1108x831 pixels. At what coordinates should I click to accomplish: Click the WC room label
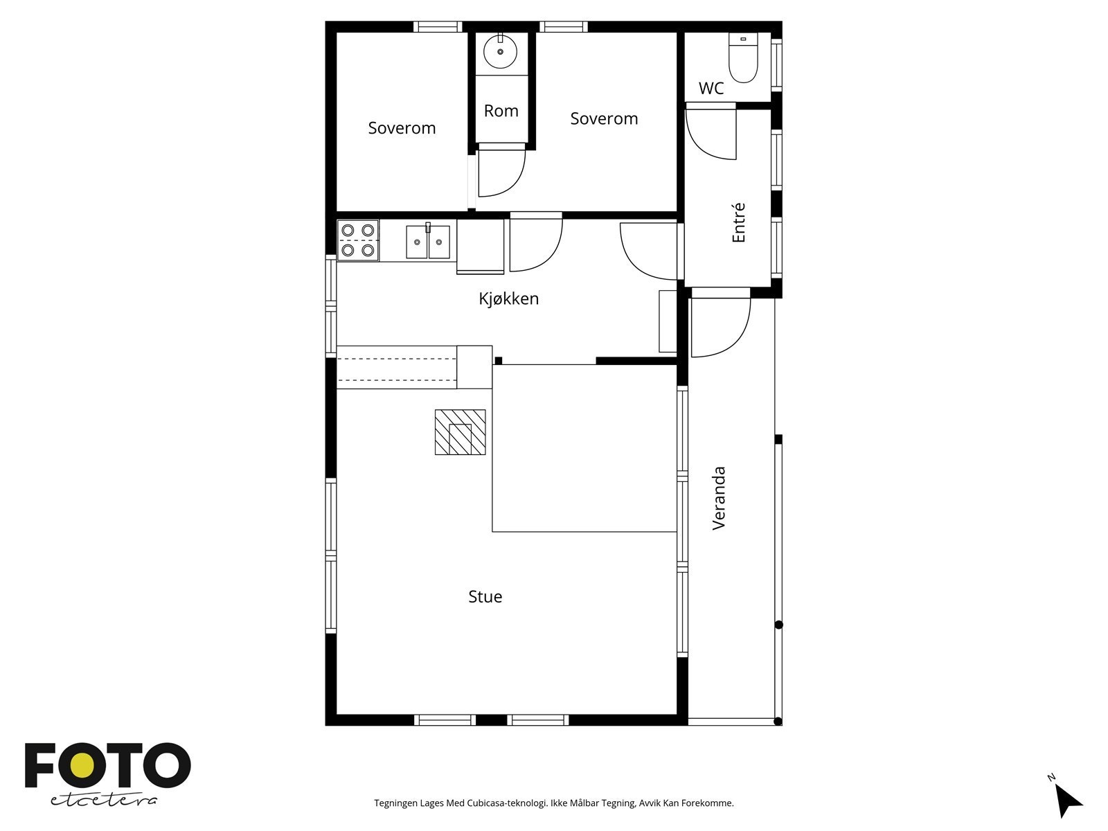[711, 89]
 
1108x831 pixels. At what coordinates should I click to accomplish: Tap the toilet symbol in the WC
[743, 58]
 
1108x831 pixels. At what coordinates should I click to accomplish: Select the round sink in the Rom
[500, 51]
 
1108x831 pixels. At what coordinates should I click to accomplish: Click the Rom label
[501, 111]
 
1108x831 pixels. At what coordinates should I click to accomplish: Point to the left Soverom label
[402, 128]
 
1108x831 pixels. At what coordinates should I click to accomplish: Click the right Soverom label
[604, 118]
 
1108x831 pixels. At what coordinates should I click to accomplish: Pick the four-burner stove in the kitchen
[358, 240]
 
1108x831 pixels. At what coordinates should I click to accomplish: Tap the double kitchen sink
[427, 242]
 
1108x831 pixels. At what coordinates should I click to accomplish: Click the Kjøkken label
[508, 298]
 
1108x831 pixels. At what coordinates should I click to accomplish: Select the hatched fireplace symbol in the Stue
[460, 432]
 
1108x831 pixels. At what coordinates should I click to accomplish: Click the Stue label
[485, 596]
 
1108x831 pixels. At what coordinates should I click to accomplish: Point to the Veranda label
[720, 499]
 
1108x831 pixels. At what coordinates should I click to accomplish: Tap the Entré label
[739, 223]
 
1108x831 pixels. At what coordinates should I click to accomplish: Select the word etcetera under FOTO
[104, 800]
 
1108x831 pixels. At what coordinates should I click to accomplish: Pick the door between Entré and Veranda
[720, 324]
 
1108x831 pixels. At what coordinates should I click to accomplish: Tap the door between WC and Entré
[711, 132]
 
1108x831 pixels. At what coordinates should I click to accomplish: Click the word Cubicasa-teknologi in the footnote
[506, 803]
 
